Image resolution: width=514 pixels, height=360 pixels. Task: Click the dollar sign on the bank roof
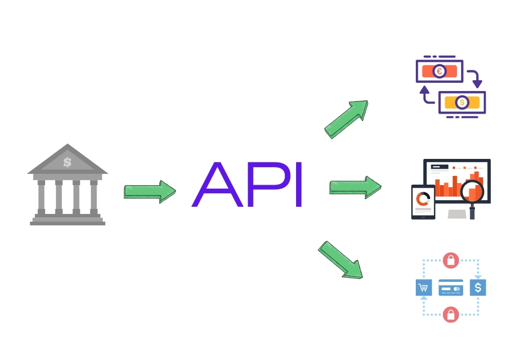(67, 162)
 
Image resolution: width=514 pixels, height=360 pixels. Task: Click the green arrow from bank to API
(150, 192)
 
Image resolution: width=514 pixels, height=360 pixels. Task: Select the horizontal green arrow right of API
(355, 187)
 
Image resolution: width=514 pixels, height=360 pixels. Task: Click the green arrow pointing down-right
(340, 260)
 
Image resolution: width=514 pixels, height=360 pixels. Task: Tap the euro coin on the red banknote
(439, 71)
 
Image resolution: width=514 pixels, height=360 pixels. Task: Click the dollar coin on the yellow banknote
(462, 102)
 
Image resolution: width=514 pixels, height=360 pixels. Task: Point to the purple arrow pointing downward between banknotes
(476, 79)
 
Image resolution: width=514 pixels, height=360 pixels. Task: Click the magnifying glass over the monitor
(472, 193)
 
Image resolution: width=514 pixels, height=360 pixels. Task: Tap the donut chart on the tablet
(423, 198)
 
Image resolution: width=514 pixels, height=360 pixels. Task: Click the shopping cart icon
(423, 287)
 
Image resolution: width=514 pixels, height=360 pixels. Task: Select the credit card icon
(451, 287)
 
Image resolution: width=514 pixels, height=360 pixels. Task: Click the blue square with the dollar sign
(478, 287)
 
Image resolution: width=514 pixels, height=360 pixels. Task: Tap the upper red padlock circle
(451, 260)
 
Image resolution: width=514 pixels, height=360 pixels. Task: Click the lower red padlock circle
(451, 314)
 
